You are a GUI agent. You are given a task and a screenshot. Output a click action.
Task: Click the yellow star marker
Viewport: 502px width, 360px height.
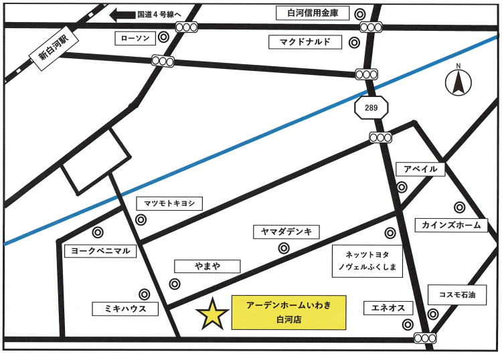(x=213, y=313)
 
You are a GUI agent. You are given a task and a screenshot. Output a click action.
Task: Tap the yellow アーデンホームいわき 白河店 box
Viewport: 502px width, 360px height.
(x=289, y=312)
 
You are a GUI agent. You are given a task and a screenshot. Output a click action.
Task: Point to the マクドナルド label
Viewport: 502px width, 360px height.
(x=305, y=42)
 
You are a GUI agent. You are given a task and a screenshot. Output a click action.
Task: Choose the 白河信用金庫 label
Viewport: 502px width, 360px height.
(x=312, y=13)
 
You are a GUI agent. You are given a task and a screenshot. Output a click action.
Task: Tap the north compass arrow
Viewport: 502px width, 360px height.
(x=458, y=82)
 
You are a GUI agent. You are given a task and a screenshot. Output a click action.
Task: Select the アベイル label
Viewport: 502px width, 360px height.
(x=420, y=169)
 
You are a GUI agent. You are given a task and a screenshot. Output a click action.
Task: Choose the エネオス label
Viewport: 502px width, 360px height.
(x=388, y=308)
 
